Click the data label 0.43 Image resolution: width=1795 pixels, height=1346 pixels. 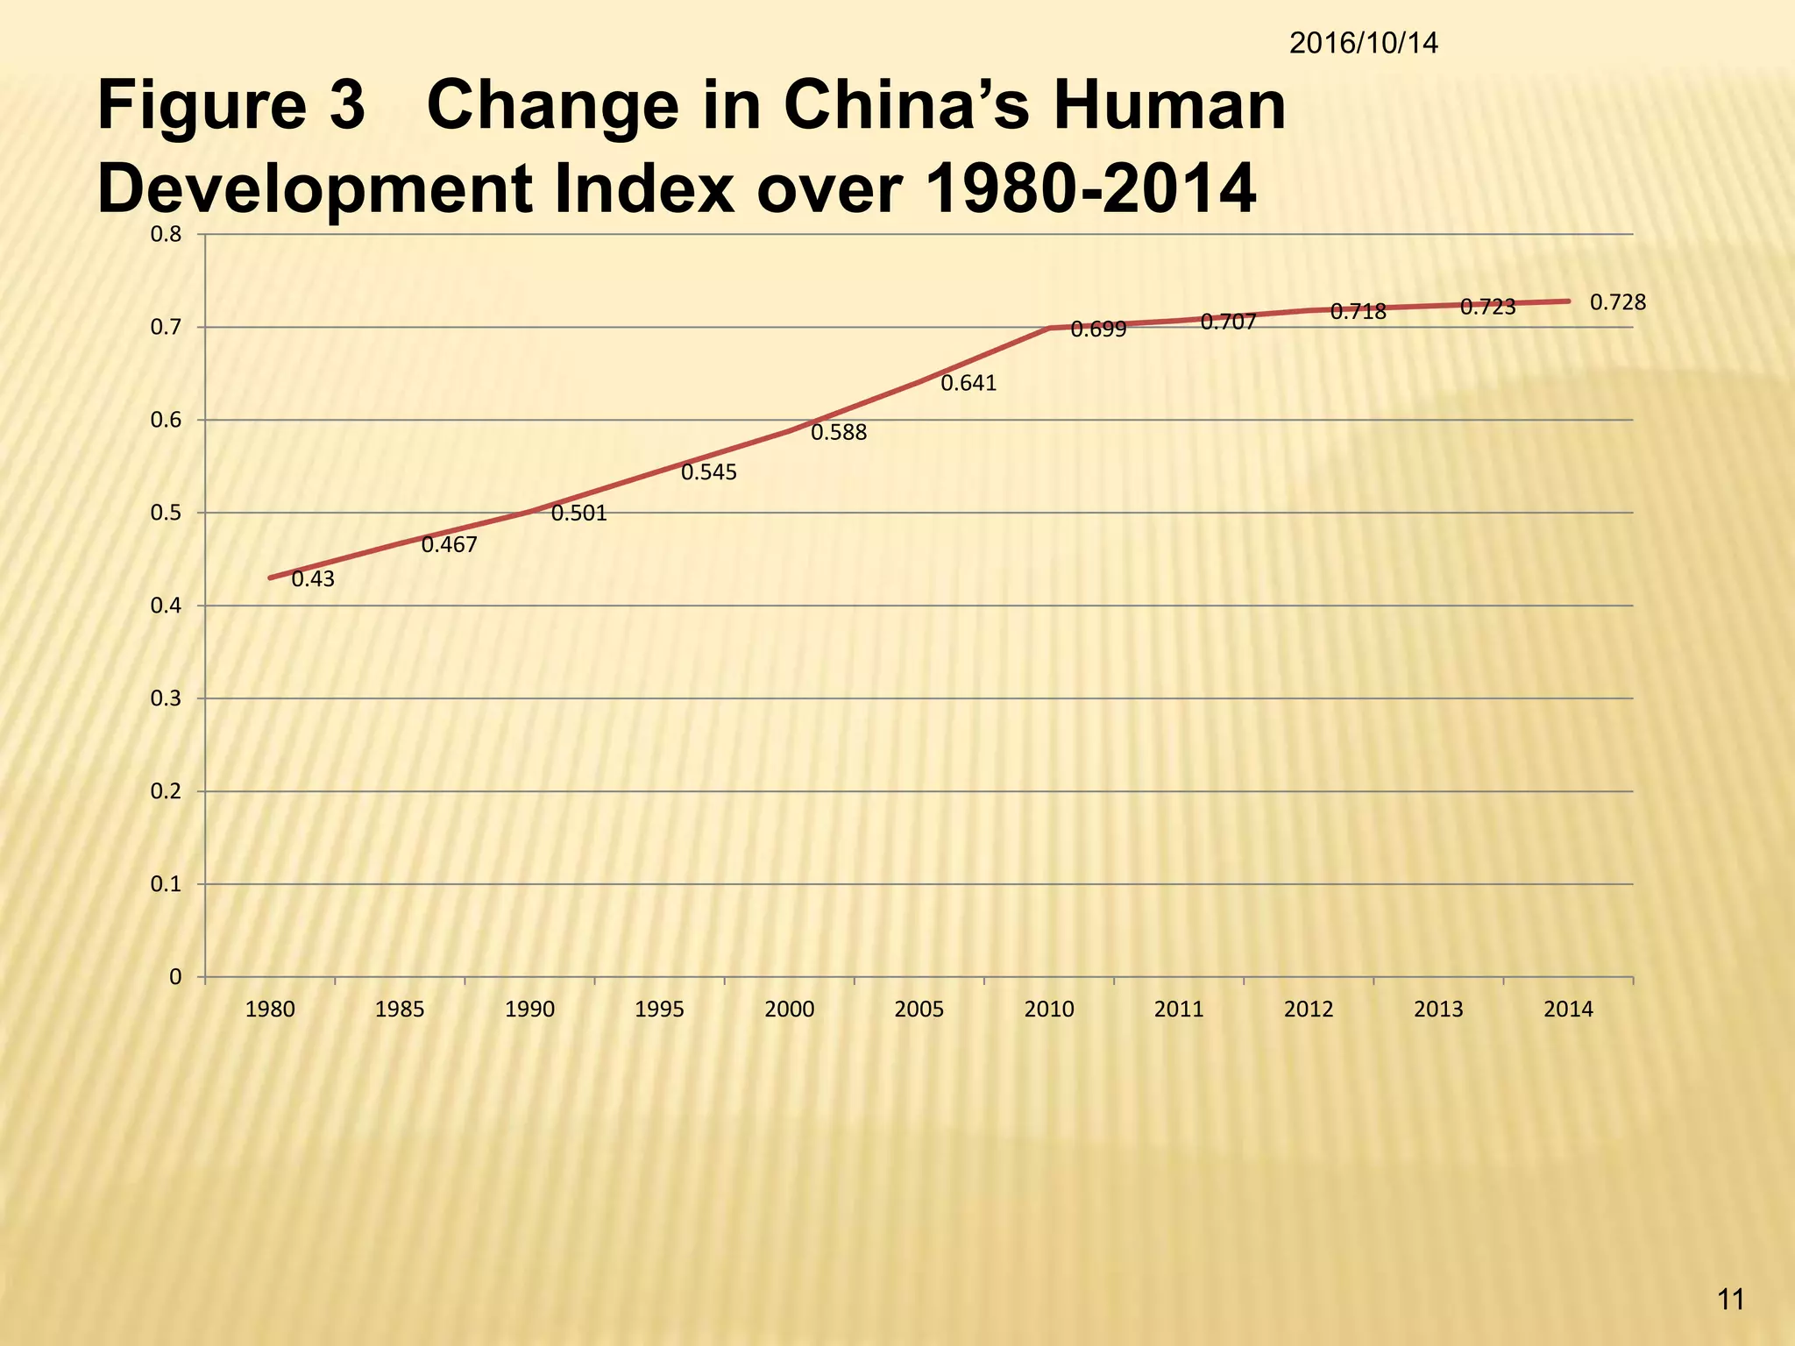313,579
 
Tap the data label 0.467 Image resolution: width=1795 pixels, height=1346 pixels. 449,545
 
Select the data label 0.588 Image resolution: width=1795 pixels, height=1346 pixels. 838,432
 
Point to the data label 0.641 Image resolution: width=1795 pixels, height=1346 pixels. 968,384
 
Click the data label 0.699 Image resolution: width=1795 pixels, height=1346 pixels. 1098,330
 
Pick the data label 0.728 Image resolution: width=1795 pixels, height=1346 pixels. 1618,303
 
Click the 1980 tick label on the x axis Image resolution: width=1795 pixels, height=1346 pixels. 270,1009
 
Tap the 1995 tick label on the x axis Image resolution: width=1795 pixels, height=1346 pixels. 659,1009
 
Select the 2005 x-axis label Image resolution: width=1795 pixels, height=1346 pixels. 919,1009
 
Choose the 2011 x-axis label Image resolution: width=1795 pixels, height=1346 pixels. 1179,1009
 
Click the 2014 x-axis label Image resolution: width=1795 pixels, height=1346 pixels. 1568,1009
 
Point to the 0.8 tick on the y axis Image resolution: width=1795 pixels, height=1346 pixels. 166,234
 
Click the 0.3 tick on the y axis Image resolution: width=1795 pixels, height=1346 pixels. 166,698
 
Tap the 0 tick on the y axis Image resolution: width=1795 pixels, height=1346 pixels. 175,977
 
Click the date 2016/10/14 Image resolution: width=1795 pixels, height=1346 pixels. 1364,43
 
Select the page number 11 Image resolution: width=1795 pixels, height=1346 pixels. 1731,1300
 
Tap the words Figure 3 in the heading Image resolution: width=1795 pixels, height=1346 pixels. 231,107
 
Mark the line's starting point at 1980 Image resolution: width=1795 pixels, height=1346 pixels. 270,578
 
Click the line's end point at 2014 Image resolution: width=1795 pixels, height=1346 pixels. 1568,301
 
